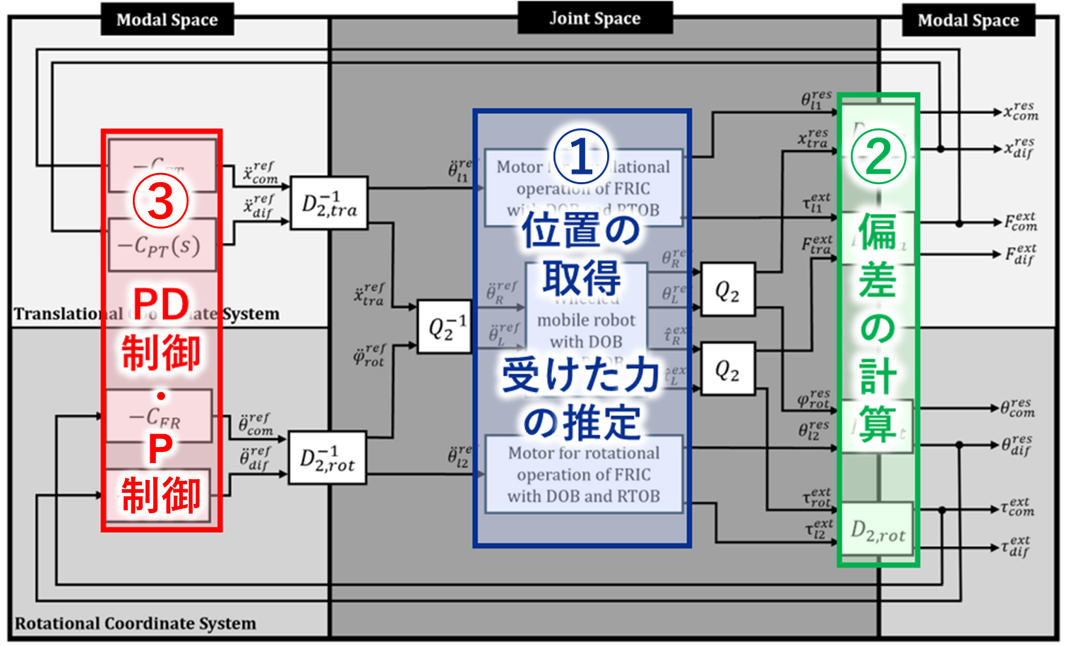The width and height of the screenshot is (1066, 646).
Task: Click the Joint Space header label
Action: point(594,18)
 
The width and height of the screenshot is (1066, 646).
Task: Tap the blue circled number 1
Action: point(581,156)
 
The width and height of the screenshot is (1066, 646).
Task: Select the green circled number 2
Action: point(878,156)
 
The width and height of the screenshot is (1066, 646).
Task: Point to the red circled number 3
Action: point(161,201)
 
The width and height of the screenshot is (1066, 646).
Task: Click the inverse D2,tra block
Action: point(329,203)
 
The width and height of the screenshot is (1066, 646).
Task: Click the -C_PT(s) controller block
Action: point(162,245)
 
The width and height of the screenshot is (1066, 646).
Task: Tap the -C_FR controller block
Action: point(159,417)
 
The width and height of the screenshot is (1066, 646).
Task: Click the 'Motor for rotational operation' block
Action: point(584,474)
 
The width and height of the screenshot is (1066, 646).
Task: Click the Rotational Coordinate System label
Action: point(136,623)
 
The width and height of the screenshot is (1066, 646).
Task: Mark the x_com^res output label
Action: point(1022,111)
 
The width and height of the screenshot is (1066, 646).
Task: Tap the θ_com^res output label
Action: point(1018,408)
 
